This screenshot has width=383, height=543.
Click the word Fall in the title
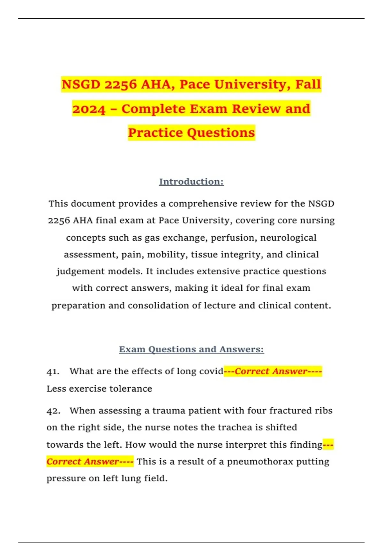coord(308,84)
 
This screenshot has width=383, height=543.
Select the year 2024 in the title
coord(89,109)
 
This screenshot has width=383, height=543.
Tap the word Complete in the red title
coord(154,109)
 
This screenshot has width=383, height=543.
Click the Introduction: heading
coord(191,181)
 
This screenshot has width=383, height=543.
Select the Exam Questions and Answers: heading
coord(191,349)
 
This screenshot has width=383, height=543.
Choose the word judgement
coord(81,271)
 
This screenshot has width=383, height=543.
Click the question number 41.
coord(53,371)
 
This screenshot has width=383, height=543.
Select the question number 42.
coord(53,411)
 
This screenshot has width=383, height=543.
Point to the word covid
coord(211,371)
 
